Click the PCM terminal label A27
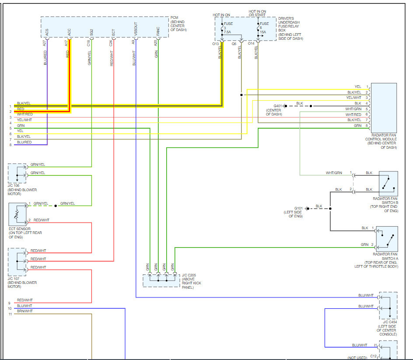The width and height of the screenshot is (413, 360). pyautogui.click(x=44, y=43)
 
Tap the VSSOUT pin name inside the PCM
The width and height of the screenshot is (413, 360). pyautogui.click(x=136, y=29)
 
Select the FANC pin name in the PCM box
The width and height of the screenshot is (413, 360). pyautogui.click(x=158, y=31)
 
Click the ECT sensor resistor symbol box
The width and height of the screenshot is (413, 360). pyautogui.click(x=17, y=214)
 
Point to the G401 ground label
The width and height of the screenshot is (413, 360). pyautogui.click(x=278, y=106)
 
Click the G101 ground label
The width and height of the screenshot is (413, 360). pyautogui.click(x=298, y=208)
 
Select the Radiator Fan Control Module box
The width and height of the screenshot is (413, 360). pyautogui.click(x=384, y=108)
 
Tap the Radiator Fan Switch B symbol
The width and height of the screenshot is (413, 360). pyautogui.click(x=388, y=184)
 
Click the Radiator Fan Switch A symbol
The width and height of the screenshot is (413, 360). pyautogui.click(x=387, y=239)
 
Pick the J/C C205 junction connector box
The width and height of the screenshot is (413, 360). pyautogui.click(x=161, y=281)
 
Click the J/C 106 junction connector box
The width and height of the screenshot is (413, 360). pyautogui.click(x=17, y=173)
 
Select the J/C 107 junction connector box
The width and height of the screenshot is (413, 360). pyautogui.click(x=17, y=262)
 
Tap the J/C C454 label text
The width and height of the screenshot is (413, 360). pyautogui.click(x=390, y=322)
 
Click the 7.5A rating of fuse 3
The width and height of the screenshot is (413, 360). pyautogui.click(x=227, y=32)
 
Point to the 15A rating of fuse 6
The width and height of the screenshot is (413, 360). pyautogui.click(x=263, y=32)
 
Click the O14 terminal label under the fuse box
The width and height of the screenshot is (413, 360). pyautogui.click(x=251, y=43)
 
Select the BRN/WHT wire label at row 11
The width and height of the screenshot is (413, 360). pyautogui.click(x=25, y=311)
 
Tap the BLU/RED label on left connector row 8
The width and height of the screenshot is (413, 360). pyautogui.click(x=24, y=142)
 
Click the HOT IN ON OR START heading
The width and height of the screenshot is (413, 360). pyautogui.click(x=257, y=13)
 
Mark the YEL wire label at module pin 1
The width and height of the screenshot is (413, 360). pyautogui.click(x=358, y=87)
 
